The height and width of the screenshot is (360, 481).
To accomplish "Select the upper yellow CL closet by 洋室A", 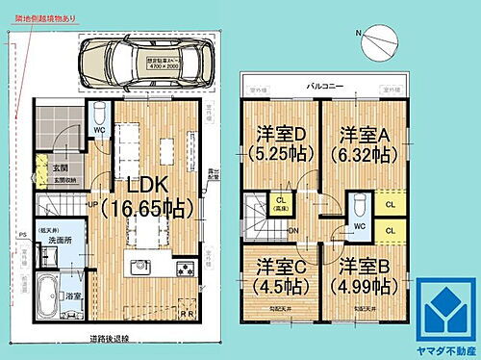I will (389, 204).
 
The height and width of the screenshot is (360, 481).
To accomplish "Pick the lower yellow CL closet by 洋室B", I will (389, 230).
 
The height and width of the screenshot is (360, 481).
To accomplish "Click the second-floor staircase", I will (258, 214).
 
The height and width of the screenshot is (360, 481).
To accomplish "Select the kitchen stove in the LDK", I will (184, 267).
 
